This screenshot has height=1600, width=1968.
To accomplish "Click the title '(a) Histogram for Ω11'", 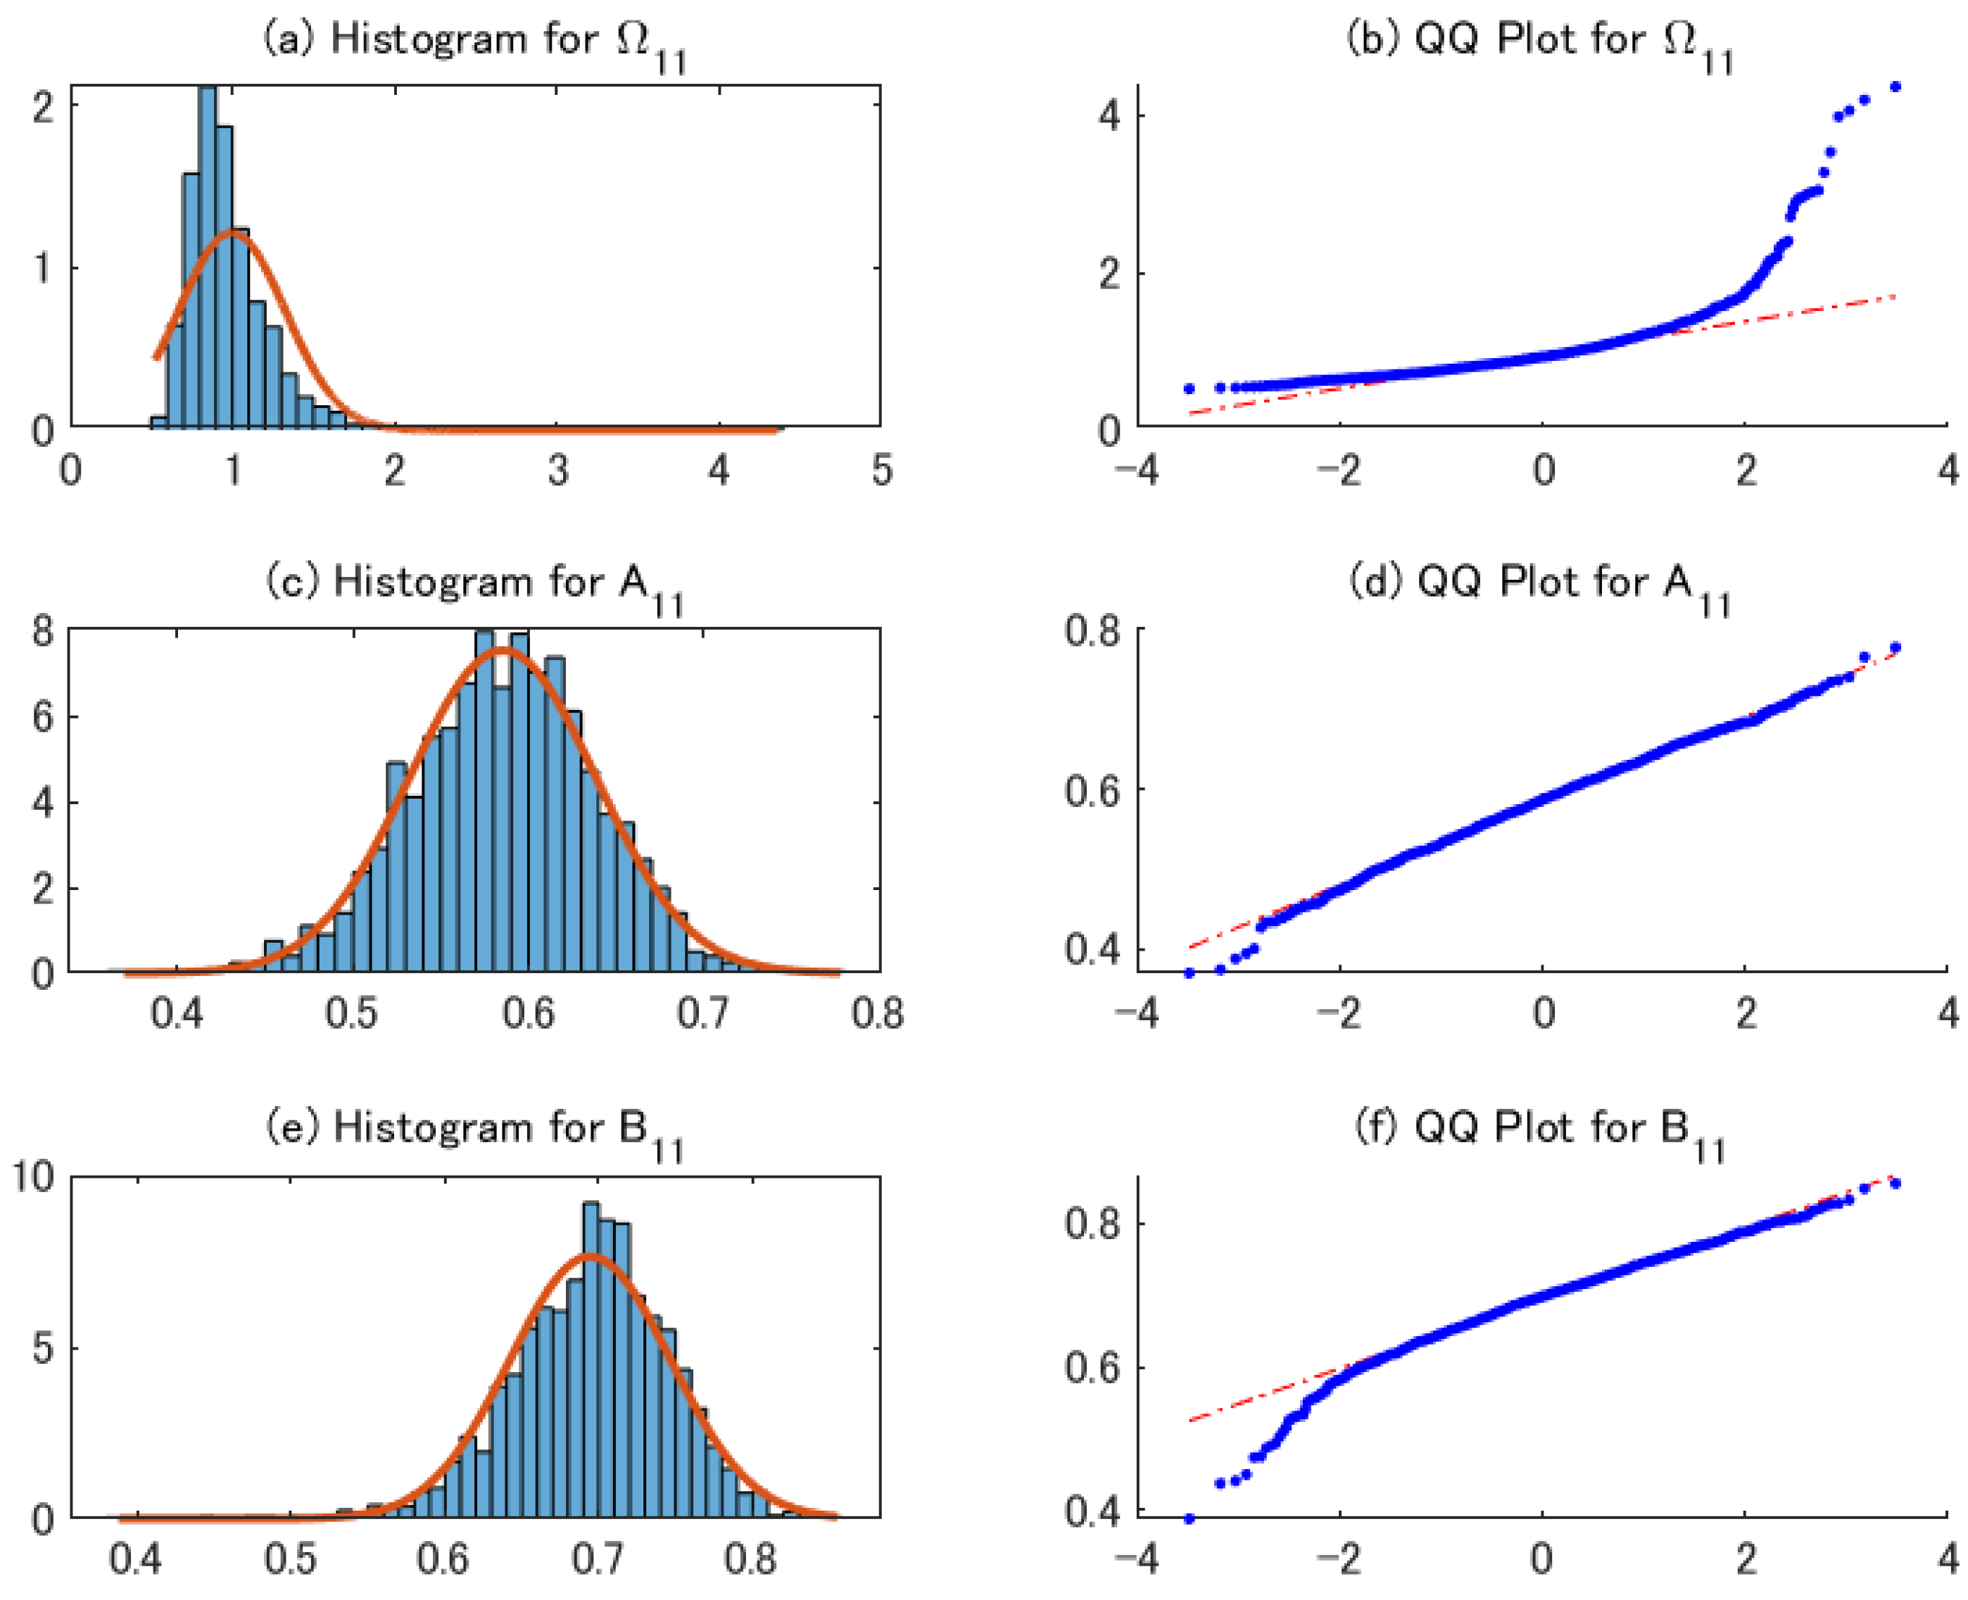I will pyautogui.click(x=474, y=42).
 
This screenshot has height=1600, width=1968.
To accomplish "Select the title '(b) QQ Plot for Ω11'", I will pyautogui.click(x=1539, y=42).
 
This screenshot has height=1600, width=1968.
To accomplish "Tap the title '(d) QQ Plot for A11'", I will pyautogui.click(x=1539, y=584).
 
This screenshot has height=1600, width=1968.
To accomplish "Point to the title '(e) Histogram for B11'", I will pyautogui.click(x=474, y=1130).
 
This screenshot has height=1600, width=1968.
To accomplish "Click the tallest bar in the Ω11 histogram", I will pyautogui.click(x=208, y=258).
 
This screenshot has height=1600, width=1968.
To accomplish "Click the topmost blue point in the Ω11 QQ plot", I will pyautogui.click(x=1896, y=87).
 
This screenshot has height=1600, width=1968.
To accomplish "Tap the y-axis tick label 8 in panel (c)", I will pyautogui.click(x=42, y=633).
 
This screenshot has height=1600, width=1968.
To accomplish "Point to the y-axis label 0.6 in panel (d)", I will pyautogui.click(x=1092, y=791).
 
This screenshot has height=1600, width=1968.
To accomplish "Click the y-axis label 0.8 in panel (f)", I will pyautogui.click(x=1092, y=1225).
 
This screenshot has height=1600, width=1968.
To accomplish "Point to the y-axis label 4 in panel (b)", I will pyautogui.click(x=1109, y=116).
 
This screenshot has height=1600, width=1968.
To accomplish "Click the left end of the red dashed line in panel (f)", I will pyautogui.click(x=1191, y=1421).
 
